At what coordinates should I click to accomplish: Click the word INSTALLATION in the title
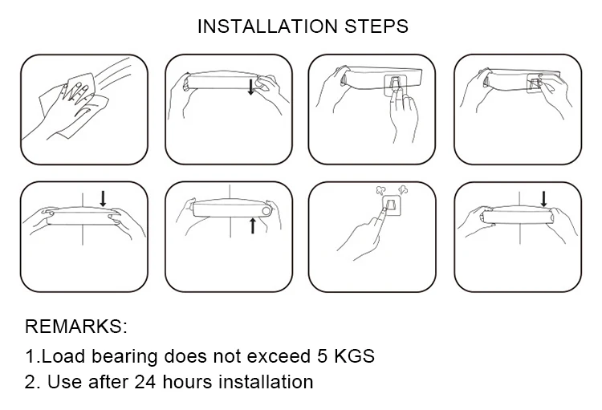point(267,26)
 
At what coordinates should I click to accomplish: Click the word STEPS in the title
point(376,26)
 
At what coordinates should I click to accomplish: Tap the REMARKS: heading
point(75,327)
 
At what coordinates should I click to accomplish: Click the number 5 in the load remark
point(322,356)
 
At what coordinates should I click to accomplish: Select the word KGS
point(354,356)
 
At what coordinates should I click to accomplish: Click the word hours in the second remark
point(187,382)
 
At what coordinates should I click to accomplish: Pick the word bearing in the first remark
point(124,356)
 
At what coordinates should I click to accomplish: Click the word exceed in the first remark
point(279,356)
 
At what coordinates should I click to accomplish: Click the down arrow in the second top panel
point(250,87)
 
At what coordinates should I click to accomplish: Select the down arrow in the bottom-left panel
point(103,198)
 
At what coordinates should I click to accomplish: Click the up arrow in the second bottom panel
point(253,225)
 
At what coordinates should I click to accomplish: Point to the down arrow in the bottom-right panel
point(543,199)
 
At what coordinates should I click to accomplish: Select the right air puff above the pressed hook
point(403,189)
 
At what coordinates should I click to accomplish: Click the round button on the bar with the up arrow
point(266,211)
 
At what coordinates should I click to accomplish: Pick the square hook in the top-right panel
point(535,83)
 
